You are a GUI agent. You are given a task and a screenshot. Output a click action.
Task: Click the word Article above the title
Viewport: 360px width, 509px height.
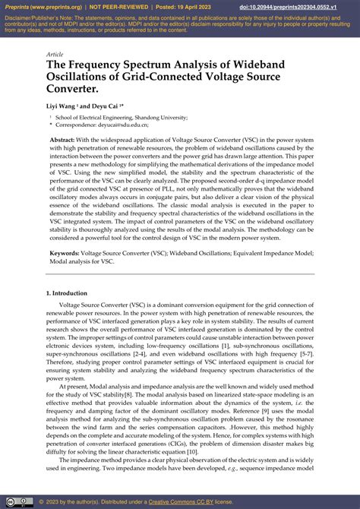point(54,55)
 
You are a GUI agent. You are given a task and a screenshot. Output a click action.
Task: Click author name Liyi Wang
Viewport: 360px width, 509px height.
point(62,107)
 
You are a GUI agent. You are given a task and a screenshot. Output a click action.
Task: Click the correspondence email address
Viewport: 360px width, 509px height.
point(129,125)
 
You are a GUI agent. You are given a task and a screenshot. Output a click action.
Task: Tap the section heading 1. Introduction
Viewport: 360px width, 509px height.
point(71,292)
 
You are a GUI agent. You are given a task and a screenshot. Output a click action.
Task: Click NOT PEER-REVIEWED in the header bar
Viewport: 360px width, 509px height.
point(120,6)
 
